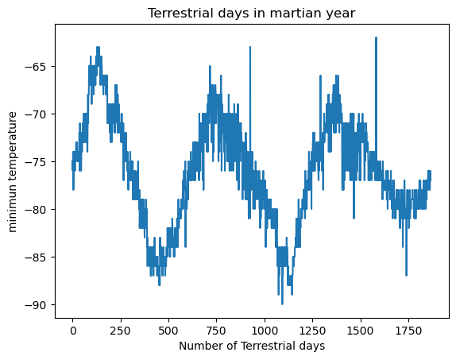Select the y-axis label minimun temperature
click(x=13, y=172)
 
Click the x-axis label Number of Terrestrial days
click(x=252, y=346)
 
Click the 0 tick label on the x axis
click(x=73, y=330)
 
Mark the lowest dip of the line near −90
click(x=282, y=304)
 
